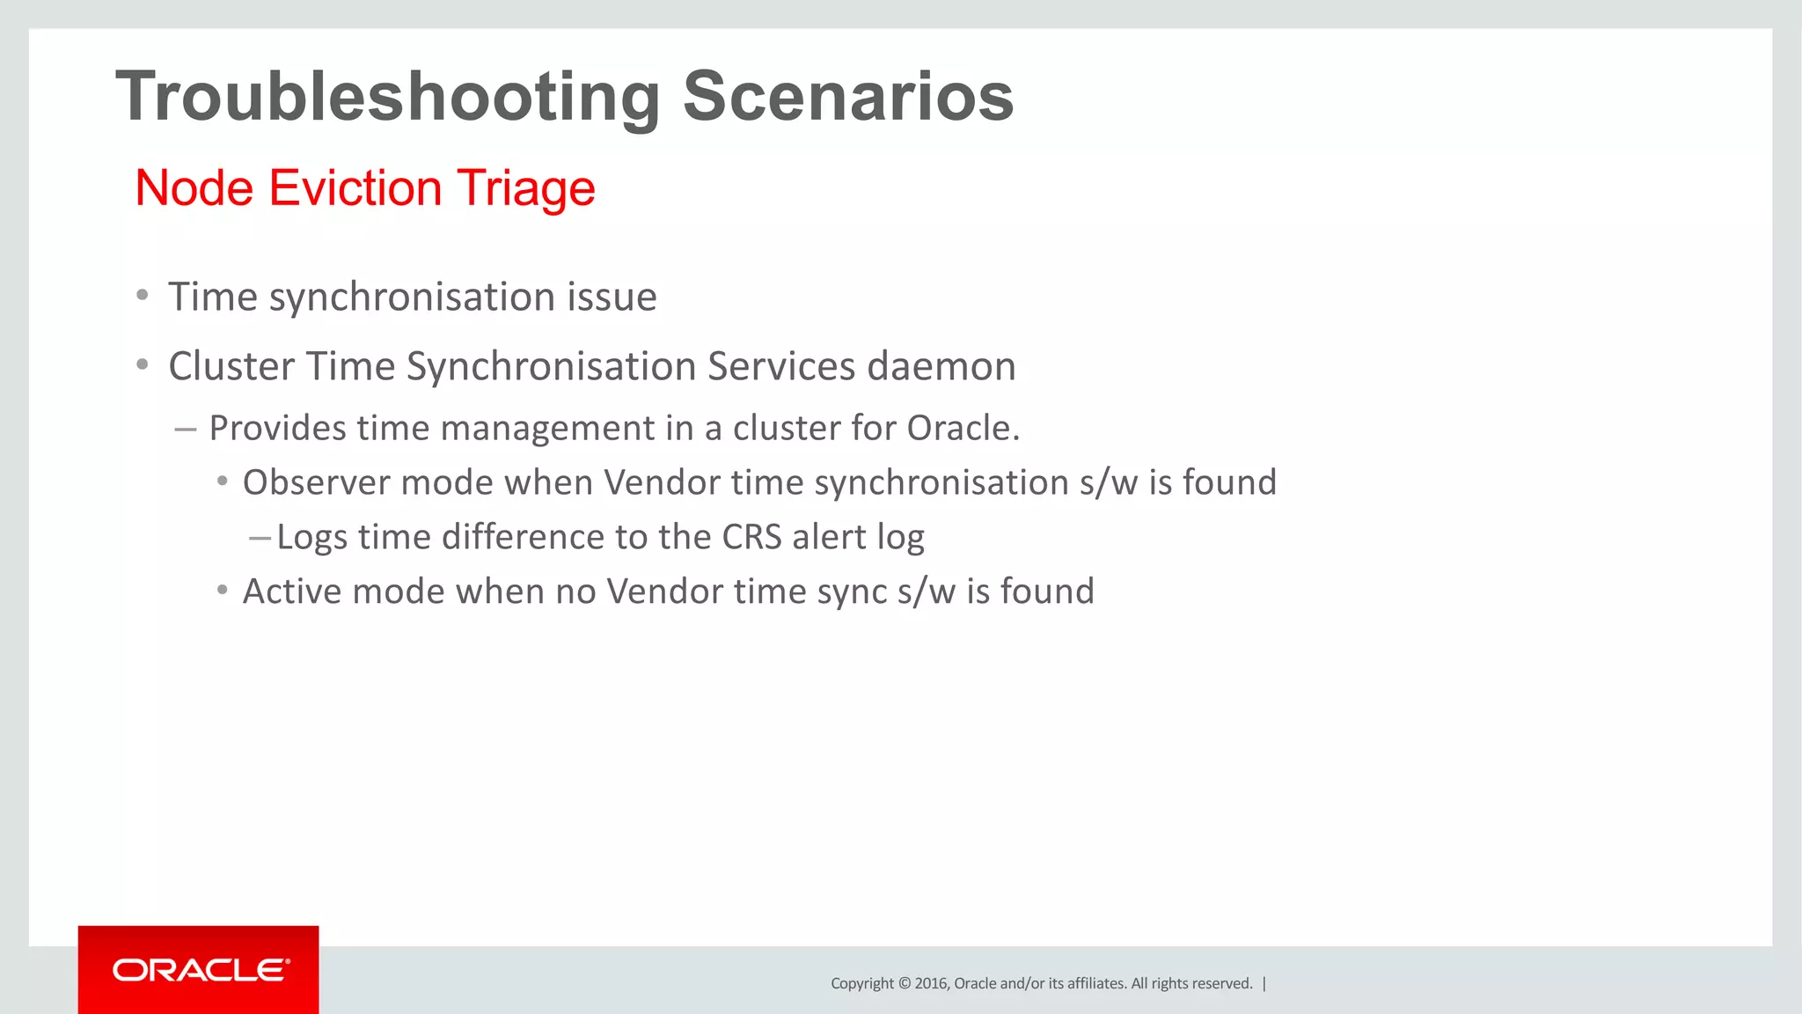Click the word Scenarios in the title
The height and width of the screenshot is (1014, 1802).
[848, 96]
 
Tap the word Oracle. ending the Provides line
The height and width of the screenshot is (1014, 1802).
[963, 428]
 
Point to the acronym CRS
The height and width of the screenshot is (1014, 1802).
[751, 537]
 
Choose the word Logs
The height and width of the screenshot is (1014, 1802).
[311, 538]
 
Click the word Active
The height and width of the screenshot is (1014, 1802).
[292, 591]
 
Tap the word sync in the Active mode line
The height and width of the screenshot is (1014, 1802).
[852, 592]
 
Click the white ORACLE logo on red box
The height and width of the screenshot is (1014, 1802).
[200, 970]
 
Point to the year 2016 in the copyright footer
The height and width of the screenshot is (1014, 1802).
[931, 983]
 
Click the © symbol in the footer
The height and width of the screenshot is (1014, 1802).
[904, 983]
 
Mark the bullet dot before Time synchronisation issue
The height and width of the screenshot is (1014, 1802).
[143, 295]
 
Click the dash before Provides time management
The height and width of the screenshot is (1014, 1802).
[185, 430]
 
